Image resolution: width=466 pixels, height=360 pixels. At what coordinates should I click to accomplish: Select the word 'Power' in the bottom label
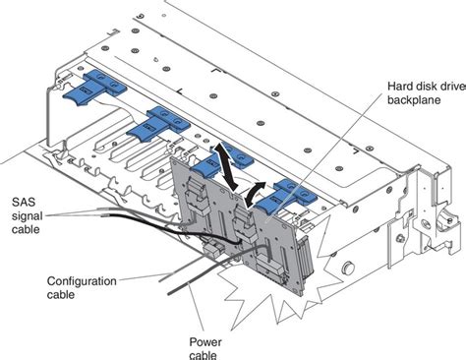tap(204, 341)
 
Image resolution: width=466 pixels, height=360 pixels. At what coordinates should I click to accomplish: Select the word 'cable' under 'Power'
tap(204, 354)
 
